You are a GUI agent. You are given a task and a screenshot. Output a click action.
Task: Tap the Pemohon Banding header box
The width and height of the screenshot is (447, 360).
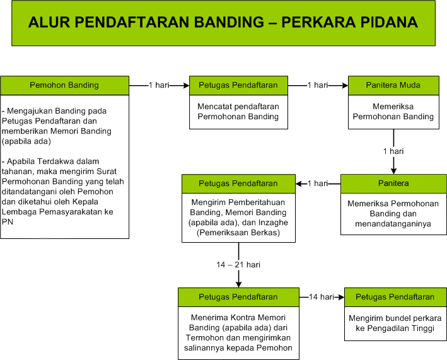click(x=65, y=85)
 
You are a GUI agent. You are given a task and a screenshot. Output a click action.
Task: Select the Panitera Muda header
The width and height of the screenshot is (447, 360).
click(x=393, y=85)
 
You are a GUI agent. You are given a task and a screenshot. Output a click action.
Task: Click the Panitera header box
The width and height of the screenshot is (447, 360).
click(x=393, y=183)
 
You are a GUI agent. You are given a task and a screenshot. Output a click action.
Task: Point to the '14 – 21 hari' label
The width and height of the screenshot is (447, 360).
click(x=238, y=265)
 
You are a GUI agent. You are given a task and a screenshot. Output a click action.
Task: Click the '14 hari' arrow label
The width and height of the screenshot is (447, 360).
click(x=322, y=297)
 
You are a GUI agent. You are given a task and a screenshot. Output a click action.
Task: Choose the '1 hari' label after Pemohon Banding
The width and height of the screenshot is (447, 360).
click(x=159, y=85)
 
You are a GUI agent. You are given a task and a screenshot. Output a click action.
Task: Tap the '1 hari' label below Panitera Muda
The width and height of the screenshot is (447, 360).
click(x=393, y=151)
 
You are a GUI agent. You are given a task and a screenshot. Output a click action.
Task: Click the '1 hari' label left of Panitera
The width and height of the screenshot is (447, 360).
click(x=318, y=183)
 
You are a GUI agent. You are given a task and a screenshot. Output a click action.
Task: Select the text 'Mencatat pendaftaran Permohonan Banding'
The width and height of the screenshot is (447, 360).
click(x=238, y=112)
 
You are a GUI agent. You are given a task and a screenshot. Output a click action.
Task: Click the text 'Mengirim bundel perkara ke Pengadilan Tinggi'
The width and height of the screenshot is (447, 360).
click(x=395, y=323)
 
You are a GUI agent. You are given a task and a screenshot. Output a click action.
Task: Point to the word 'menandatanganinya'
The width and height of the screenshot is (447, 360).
click(x=393, y=224)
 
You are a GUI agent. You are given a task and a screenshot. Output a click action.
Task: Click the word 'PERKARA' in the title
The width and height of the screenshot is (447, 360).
click(x=318, y=22)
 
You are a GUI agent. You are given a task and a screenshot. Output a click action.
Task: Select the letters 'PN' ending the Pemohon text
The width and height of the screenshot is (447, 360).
click(x=8, y=222)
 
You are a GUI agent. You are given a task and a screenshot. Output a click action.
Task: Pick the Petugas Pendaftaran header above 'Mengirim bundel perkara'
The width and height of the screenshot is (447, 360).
click(x=395, y=297)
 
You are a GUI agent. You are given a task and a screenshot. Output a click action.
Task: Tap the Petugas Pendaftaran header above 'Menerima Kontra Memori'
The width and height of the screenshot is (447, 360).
click(x=238, y=297)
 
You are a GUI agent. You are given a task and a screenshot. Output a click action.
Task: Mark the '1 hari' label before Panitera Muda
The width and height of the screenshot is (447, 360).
click(x=318, y=85)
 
